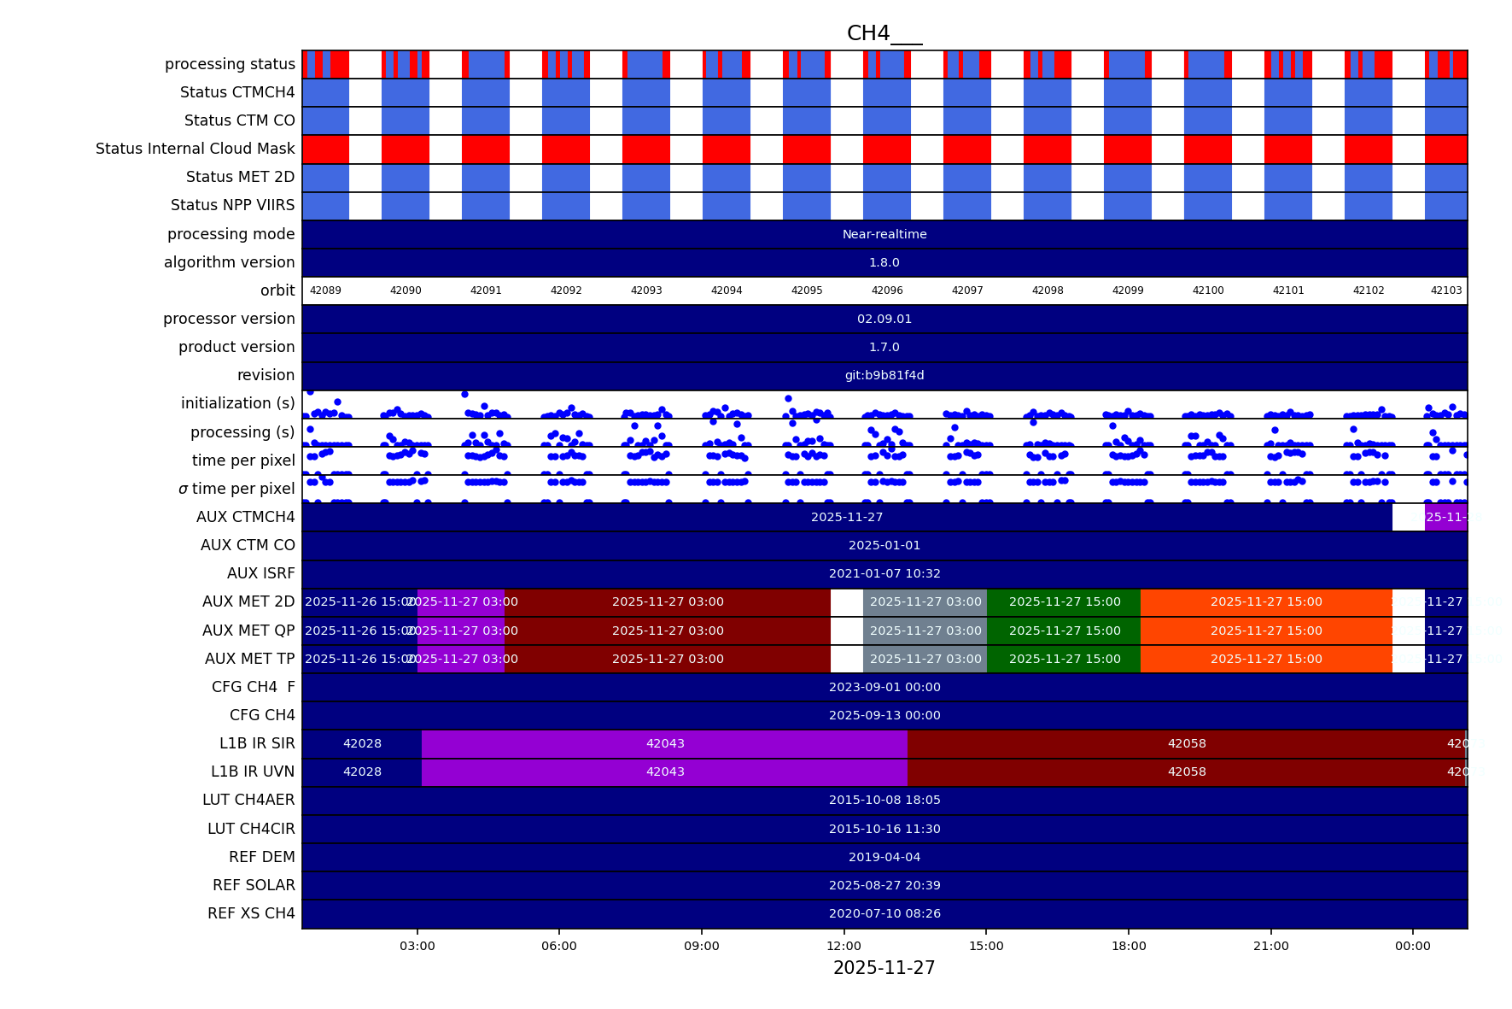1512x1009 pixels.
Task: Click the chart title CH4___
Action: [x=884, y=33]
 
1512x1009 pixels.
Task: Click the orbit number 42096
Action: [x=887, y=290]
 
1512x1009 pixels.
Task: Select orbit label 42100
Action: [x=1208, y=290]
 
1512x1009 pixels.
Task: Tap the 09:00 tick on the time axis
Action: [x=702, y=946]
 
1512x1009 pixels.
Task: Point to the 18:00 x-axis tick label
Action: [x=1129, y=946]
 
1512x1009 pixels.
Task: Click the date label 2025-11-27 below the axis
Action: [x=884, y=968]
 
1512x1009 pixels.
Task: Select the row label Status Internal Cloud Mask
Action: [x=196, y=149]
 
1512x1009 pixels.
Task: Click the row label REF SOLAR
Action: [x=254, y=885]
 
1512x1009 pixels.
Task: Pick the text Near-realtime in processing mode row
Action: [x=884, y=234]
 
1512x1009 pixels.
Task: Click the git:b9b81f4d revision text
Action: [x=884, y=375]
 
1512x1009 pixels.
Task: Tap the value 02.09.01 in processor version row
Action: [x=884, y=319]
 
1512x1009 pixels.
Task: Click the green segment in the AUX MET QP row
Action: [x=1064, y=631]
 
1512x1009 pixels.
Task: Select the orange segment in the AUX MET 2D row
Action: [x=1266, y=601]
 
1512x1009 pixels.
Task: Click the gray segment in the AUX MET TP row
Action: [x=925, y=659]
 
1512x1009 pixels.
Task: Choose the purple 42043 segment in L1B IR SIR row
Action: [x=665, y=743]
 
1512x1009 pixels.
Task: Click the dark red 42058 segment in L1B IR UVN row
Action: [x=1187, y=771]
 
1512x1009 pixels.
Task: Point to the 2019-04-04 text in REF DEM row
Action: [x=884, y=857]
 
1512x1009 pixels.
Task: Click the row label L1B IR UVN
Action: [x=253, y=771]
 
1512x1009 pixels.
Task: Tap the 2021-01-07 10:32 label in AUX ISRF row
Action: [x=884, y=573]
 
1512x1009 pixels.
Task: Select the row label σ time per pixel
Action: [x=236, y=489]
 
